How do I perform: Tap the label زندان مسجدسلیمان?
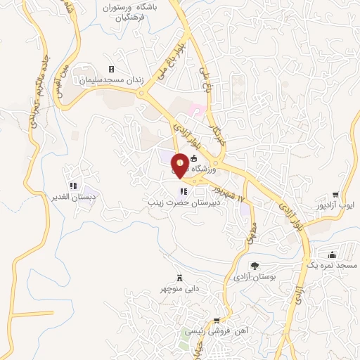point(111,80)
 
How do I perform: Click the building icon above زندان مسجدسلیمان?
point(84,70)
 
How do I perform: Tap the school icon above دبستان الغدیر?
point(73,186)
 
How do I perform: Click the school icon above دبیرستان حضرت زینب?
point(184,191)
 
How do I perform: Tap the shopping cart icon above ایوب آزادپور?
point(336,194)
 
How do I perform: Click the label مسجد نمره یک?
point(333,266)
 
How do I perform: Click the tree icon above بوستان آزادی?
point(255,266)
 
